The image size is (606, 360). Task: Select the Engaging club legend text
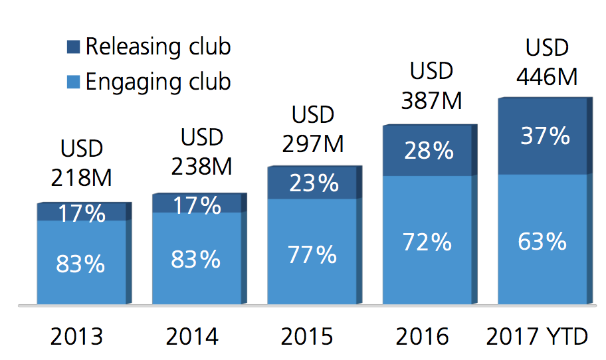tap(158, 82)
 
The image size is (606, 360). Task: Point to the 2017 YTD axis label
tap(537, 337)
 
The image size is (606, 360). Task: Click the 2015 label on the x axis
tap(308, 337)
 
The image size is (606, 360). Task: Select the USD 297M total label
tap(313, 129)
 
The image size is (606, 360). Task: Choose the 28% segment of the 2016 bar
tap(429, 151)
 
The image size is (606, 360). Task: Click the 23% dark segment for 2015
tap(313, 183)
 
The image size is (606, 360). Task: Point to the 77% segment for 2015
tap(312, 253)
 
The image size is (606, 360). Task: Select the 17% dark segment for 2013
tap(82, 213)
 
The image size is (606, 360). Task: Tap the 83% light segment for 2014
tap(196, 259)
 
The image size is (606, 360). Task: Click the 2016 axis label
tap(423, 337)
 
